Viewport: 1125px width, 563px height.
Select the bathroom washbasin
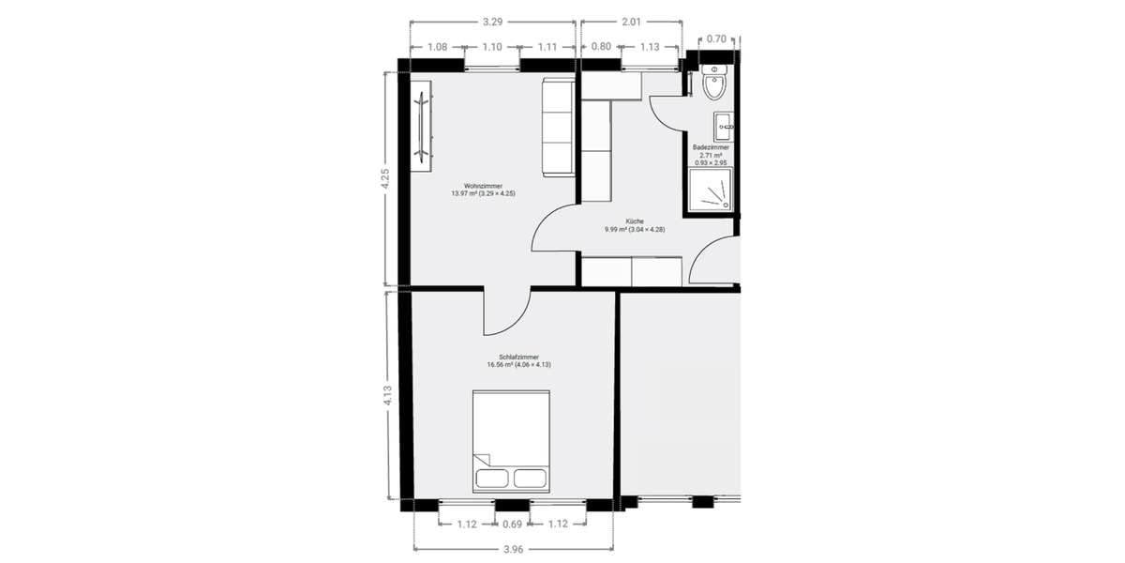(723, 125)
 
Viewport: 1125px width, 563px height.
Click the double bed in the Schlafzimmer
(511, 442)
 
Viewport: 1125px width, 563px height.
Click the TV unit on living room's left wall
(423, 125)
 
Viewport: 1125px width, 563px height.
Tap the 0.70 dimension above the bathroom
(716, 38)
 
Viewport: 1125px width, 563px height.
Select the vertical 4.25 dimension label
(384, 178)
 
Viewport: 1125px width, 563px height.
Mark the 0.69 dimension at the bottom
(512, 524)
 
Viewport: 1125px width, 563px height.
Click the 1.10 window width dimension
(493, 46)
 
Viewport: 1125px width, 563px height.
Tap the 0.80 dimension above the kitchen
(601, 46)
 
